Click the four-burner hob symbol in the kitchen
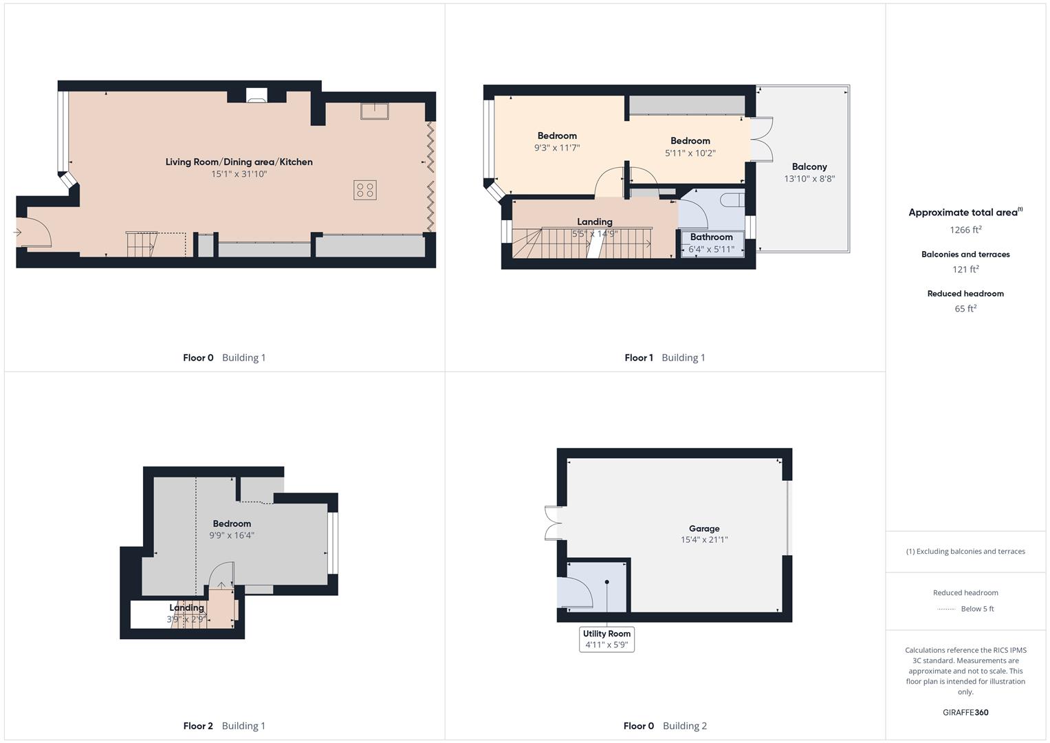365,190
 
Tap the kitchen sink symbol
375,111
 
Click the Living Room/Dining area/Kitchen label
239,162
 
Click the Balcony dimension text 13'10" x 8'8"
809,179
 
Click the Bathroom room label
711,237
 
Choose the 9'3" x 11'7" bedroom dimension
557,148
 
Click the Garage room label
704,528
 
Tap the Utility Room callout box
606,639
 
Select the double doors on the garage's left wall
554,524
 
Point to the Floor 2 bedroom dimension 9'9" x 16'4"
232,535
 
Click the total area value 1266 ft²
965,230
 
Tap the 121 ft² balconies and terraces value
965,270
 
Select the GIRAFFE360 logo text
965,713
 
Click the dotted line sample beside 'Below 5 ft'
946,609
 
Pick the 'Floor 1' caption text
638,358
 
